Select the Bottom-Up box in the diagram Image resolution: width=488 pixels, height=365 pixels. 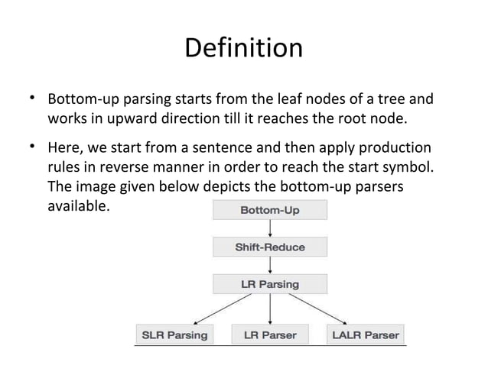click(270, 210)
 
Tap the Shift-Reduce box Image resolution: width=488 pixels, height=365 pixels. click(270, 247)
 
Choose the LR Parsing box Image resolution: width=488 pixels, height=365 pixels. click(270, 284)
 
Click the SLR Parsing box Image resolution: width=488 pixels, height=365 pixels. click(171, 334)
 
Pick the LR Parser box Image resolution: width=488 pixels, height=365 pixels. click(270, 334)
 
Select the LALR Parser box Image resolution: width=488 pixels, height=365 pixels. click(364, 334)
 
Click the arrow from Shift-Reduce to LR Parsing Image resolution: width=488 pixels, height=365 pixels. click(270, 265)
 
